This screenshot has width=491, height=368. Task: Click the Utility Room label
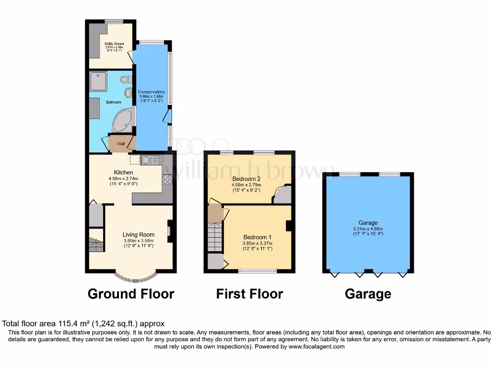(x=114, y=44)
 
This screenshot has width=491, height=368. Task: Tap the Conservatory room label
(x=151, y=92)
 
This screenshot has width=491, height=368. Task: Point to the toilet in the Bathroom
(x=126, y=80)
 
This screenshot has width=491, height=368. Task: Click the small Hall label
(x=121, y=143)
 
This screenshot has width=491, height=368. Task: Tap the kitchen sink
(x=147, y=161)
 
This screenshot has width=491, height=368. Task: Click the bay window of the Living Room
(x=137, y=276)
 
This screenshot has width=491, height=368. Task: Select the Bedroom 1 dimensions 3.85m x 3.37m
(x=257, y=243)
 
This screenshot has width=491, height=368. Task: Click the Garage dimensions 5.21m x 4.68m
(x=368, y=229)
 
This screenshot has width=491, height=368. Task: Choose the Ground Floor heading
(x=130, y=293)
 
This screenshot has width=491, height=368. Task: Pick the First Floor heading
(x=249, y=293)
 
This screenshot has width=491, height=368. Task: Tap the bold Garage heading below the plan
(x=368, y=294)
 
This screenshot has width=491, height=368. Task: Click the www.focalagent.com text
(x=316, y=346)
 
